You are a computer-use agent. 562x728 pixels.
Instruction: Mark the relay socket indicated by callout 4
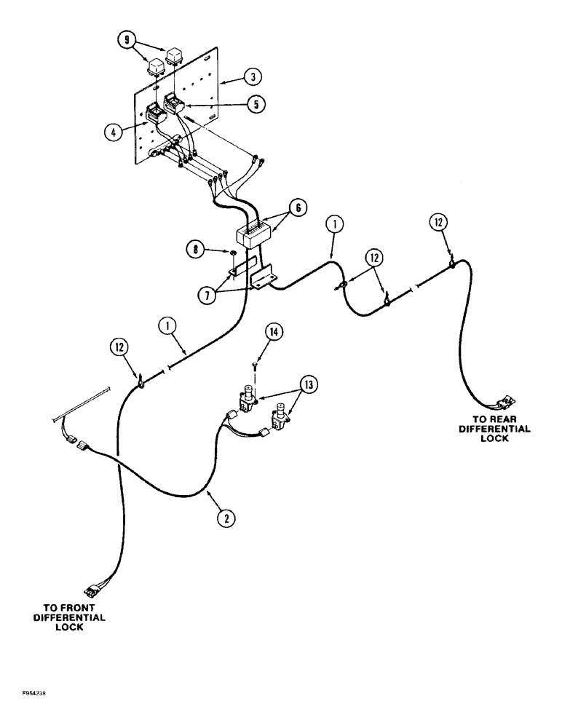(x=156, y=114)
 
